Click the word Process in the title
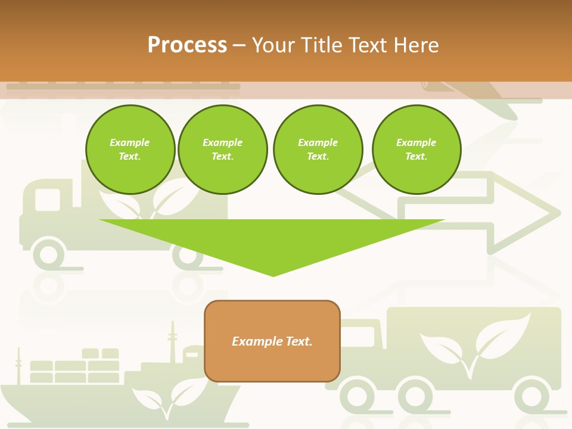click(x=187, y=45)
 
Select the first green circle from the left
click(x=130, y=150)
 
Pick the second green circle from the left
click(x=223, y=150)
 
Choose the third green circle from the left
click(x=318, y=150)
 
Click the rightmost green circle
click(x=416, y=150)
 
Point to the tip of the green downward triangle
click(x=273, y=275)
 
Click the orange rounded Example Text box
click(x=272, y=357)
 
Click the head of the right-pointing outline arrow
click(x=524, y=212)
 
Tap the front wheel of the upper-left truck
click(x=48, y=254)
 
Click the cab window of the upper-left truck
click(x=48, y=200)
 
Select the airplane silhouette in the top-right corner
click(x=477, y=95)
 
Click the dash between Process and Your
click(x=240, y=45)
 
